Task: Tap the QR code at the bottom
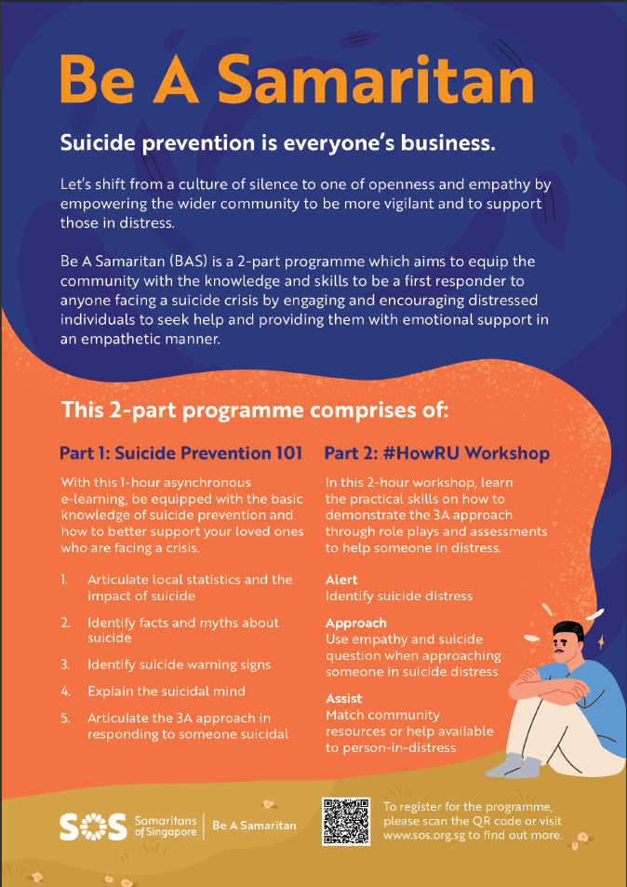346,820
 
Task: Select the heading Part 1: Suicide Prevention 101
180,453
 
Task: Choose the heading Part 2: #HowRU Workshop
436,453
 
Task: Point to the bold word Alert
341,580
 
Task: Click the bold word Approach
356,623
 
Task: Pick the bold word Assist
344,698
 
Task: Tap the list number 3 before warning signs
65,665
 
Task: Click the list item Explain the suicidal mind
166,692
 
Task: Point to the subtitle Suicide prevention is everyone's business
277,144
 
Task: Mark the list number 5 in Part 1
65,719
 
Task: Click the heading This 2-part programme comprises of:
255,410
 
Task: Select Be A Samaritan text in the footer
255,825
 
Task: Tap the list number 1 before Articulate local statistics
65,579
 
